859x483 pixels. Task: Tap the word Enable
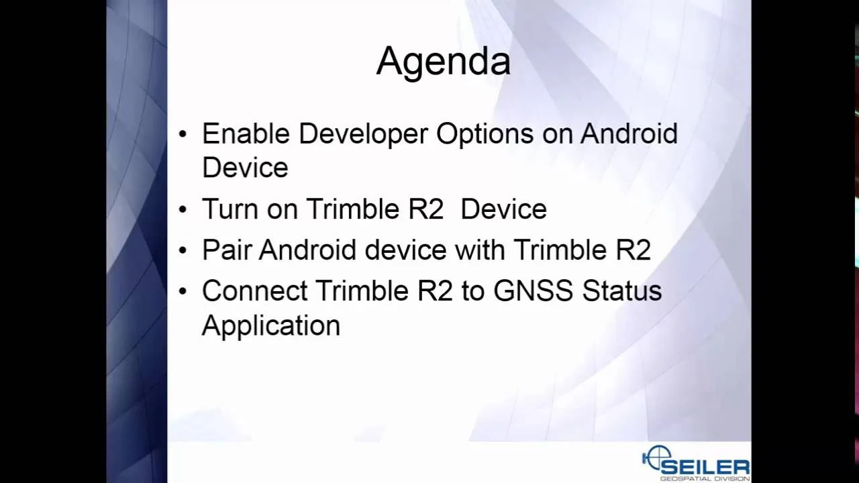tap(246, 133)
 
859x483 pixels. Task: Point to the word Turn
tap(230, 209)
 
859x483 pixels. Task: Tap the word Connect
tap(255, 290)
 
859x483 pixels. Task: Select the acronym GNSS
tap(533, 290)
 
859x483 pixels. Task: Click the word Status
tap(622, 290)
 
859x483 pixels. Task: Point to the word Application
tap(271, 327)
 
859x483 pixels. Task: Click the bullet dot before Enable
tap(183, 134)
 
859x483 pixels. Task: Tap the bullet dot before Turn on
tap(183, 210)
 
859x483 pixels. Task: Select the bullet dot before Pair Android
tap(183, 250)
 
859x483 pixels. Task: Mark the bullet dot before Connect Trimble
tap(183, 291)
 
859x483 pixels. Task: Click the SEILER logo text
tap(705, 468)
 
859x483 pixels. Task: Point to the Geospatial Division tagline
tap(705, 479)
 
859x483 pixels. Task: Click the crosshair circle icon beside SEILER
tap(656, 458)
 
